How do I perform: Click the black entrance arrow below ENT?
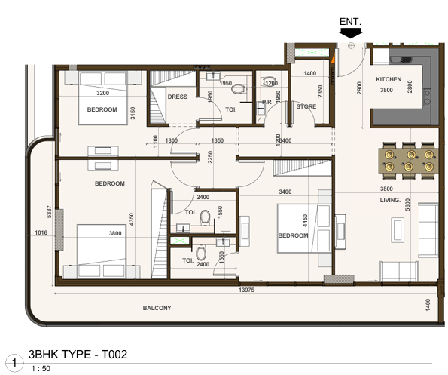[350, 31]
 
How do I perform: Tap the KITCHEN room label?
[389, 78]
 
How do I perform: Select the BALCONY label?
[157, 308]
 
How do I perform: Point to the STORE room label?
[306, 106]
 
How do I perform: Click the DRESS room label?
[178, 97]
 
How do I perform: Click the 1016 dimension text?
[40, 233]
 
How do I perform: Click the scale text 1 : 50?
[41, 368]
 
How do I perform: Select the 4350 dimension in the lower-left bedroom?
[131, 220]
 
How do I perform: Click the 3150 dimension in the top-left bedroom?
[133, 113]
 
